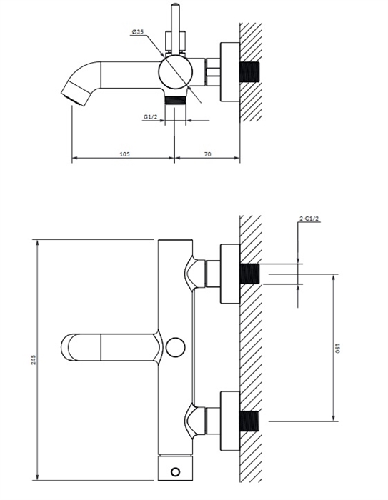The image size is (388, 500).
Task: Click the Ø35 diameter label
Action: (x=137, y=31)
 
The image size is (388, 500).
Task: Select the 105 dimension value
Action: (x=124, y=154)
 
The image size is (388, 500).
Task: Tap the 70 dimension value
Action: (x=207, y=154)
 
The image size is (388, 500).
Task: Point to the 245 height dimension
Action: (x=34, y=360)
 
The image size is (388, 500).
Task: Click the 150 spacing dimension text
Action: (x=337, y=348)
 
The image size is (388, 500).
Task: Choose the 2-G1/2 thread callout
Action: (x=309, y=219)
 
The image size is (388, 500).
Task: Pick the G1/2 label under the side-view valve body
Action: (x=150, y=117)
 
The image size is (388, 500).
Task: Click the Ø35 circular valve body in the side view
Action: (x=176, y=71)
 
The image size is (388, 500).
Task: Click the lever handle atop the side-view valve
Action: (x=175, y=29)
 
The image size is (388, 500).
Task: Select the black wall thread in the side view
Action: (x=249, y=71)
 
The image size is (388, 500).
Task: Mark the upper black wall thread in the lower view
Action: (x=249, y=274)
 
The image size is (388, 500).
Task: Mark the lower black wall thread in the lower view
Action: (x=249, y=421)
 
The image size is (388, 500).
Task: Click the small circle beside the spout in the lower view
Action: (x=175, y=347)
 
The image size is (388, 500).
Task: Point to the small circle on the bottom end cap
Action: (x=175, y=471)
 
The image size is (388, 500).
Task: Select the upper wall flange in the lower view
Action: (x=230, y=274)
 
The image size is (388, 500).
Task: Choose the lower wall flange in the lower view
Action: (x=230, y=421)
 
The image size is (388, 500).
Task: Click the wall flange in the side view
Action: (x=230, y=71)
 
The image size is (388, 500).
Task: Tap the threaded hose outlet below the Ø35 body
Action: (x=175, y=100)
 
